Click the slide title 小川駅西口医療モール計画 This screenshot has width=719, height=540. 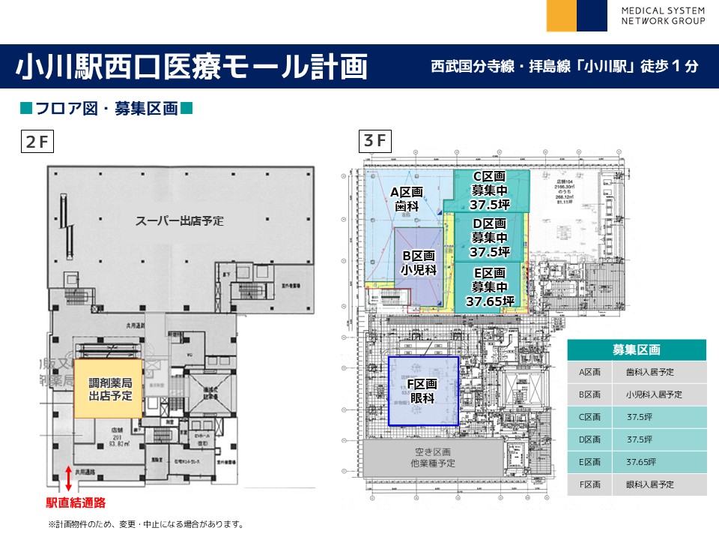[x=192, y=66]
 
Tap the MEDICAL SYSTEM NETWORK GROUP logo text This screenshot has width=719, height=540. [x=663, y=16]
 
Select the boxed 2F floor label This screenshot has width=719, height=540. [x=36, y=141]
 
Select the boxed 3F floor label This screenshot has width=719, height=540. [x=374, y=140]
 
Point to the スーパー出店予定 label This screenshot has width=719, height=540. [x=180, y=221]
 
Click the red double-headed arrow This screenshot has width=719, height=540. [x=69, y=478]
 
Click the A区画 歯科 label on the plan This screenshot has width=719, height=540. [x=407, y=198]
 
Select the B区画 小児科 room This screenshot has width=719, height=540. [x=419, y=263]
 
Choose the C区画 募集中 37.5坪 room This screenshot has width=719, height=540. [x=490, y=190]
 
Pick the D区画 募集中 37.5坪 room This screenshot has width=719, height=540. [x=490, y=238]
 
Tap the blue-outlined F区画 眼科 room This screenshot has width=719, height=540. [x=423, y=391]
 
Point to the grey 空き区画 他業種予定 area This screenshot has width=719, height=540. [x=434, y=457]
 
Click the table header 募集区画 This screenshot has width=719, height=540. [x=636, y=350]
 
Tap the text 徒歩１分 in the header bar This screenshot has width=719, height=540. [x=670, y=66]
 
